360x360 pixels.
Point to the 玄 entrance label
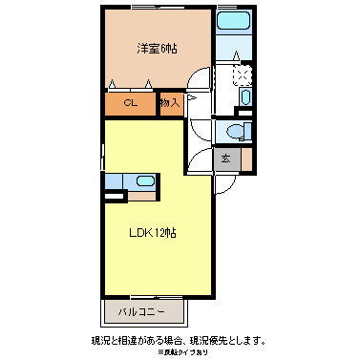click(x=227, y=159)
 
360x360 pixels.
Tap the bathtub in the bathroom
click(x=233, y=22)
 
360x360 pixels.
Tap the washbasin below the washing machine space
click(x=244, y=97)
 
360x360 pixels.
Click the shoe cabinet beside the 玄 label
click(x=245, y=159)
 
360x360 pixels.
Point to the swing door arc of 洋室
click(x=200, y=82)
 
